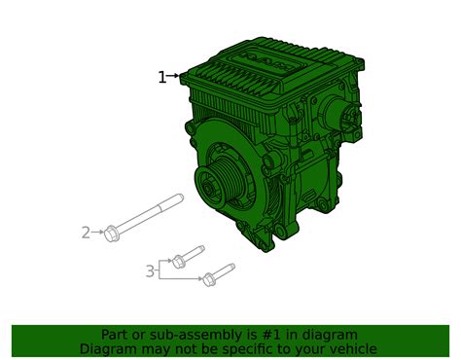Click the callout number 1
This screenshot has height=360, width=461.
pyautogui.click(x=162, y=78)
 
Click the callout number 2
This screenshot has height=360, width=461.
pyautogui.click(x=86, y=233)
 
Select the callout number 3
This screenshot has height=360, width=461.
pyautogui.click(x=150, y=271)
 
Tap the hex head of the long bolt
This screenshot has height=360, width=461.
pyautogui.click(x=112, y=233)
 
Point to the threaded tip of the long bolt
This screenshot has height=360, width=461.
pyautogui.click(x=179, y=198)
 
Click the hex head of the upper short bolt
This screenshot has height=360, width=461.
pyautogui.click(x=178, y=261)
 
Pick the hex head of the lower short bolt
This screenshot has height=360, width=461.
pyautogui.click(x=208, y=280)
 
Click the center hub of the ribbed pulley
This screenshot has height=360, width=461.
pyautogui.click(x=209, y=183)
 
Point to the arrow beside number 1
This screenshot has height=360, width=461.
pyautogui.click(x=176, y=76)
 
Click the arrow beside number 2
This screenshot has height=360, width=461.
pyautogui.click(x=98, y=233)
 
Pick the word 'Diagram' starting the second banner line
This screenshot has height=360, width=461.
pyautogui.click(x=111, y=349)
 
